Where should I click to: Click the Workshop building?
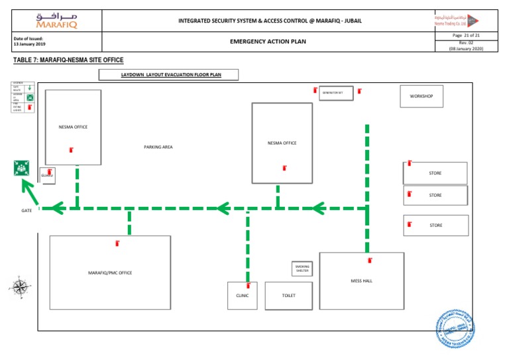click(421, 96)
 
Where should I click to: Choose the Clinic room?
click(242, 295)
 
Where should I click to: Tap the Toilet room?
click(288, 295)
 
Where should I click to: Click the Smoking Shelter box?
click(302, 269)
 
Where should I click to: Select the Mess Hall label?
click(361, 281)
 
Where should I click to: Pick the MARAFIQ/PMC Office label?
click(110, 272)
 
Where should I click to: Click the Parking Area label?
click(158, 147)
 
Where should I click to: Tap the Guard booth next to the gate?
click(47, 175)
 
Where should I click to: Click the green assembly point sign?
click(21, 168)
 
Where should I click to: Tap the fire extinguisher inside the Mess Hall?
click(370, 261)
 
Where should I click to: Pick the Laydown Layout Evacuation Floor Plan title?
click(168, 75)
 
